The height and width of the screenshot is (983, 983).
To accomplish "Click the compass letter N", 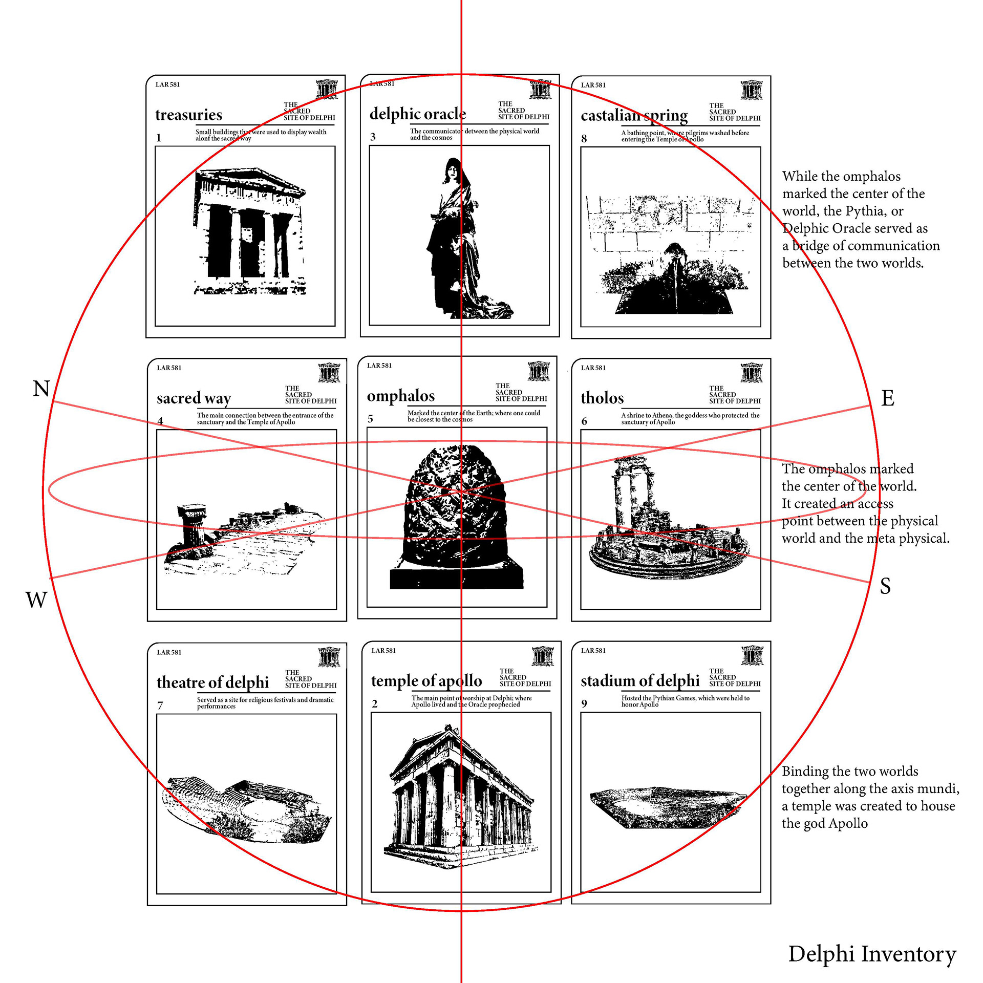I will click(x=41, y=389).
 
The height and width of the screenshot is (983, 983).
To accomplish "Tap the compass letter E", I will click(x=887, y=398).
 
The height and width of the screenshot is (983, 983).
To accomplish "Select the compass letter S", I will click(x=885, y=586).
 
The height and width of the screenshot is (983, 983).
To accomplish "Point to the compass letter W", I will click(x=36, y=600).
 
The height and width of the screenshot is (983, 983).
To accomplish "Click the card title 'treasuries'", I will click(x=188, y=115).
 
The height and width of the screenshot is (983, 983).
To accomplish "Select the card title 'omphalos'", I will click(x=400, y=396).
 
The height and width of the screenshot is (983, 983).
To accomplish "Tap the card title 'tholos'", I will click(x=602, y=398).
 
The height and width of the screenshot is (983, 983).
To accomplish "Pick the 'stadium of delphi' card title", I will click(x=640, y=680).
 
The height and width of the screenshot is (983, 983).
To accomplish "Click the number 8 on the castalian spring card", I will click(x=584, y=139).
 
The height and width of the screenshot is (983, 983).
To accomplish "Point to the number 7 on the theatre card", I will click(x=160, y=706).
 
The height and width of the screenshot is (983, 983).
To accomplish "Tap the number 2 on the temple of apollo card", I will click(x=375, y=704).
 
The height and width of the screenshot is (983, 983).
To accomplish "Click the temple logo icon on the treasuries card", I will click(x=326, y=89).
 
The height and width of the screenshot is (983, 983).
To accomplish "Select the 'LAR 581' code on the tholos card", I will click(x=593, y=368).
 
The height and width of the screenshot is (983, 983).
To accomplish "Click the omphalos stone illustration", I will click(x=456, y=512).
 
